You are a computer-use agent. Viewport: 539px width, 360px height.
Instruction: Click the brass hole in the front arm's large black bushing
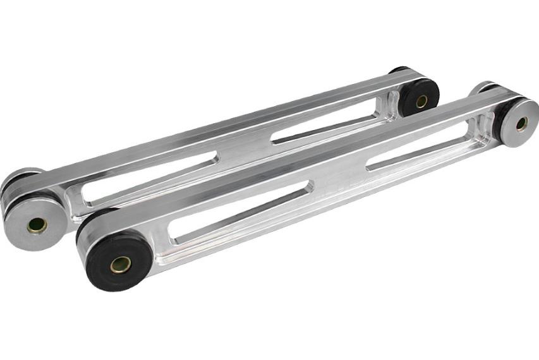pyautogui.click(x=120, y=264)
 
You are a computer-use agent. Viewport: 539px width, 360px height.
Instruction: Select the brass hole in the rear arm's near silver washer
pyautogui.click(x=37, y=224)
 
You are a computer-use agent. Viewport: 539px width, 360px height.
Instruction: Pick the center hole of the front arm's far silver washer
pyautogui.click(x=521, y=123)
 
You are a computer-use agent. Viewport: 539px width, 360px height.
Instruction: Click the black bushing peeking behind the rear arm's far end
pyautogui.click(x=398, y=69)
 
